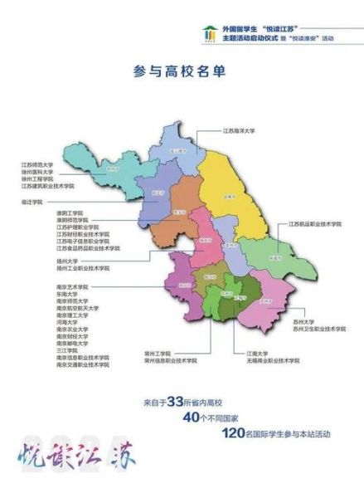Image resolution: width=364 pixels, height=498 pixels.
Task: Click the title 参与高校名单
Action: point(182,71)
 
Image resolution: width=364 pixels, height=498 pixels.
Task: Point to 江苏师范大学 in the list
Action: point(37,165)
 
